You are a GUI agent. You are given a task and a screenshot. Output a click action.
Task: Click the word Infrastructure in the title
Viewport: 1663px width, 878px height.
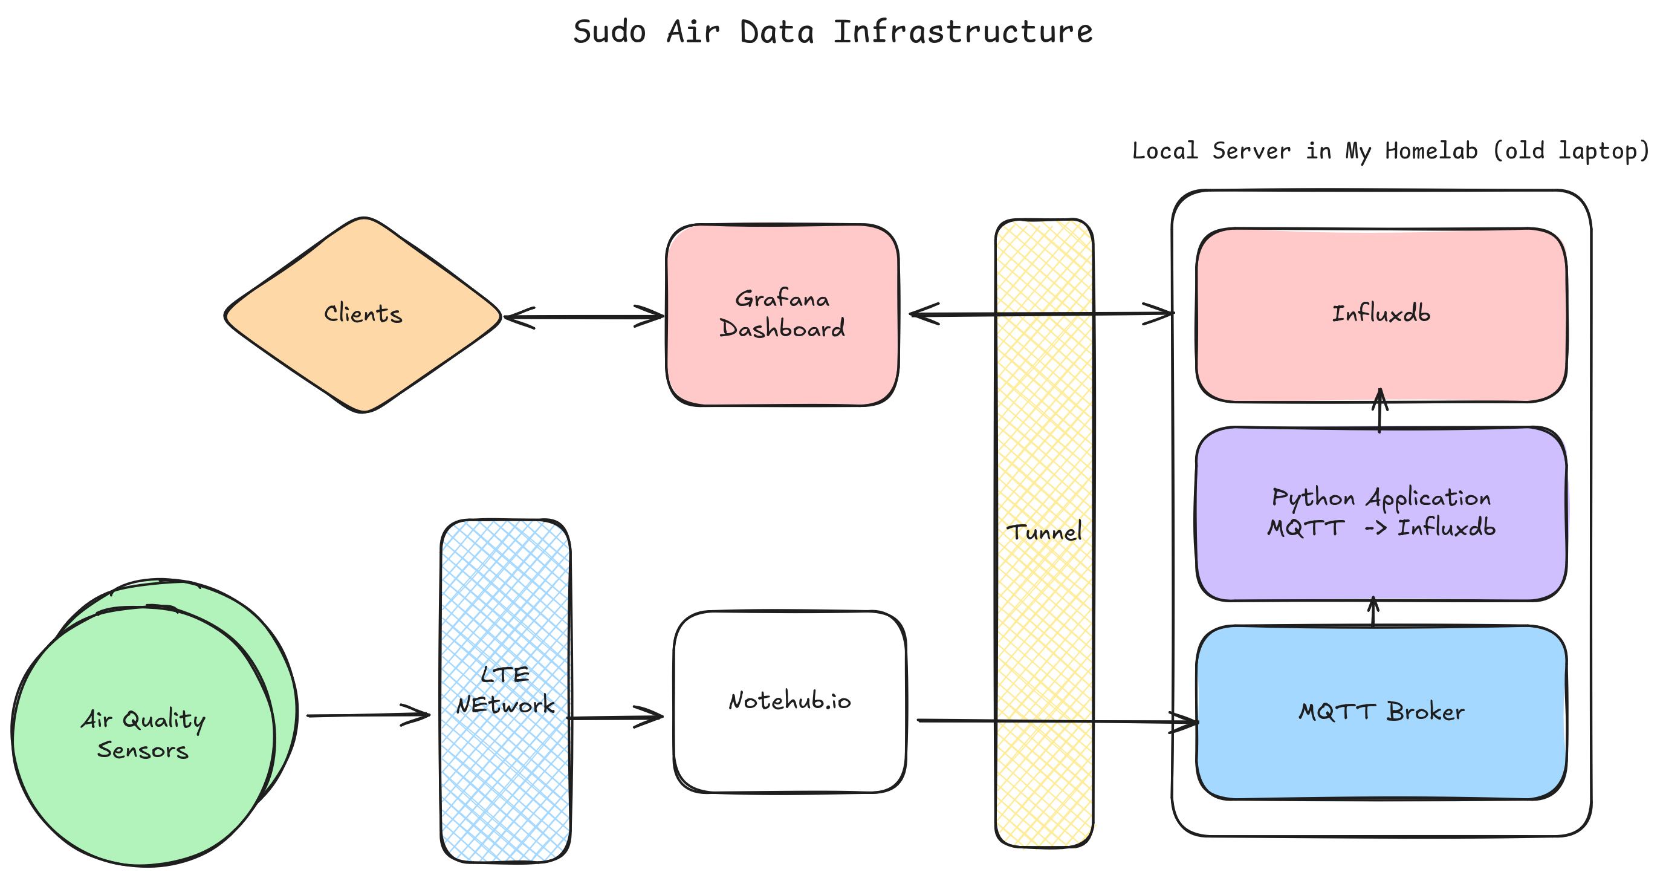tap(962, 31)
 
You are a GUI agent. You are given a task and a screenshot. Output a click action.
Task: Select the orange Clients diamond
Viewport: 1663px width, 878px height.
tap(363, 314)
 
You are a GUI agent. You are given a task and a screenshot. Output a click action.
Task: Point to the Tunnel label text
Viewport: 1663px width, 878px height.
tap(1044, 533)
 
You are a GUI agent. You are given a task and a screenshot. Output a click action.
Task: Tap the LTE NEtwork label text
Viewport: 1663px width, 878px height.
tap(505, 690)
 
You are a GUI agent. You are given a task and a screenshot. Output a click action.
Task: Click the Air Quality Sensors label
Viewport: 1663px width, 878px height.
tap(143, 735)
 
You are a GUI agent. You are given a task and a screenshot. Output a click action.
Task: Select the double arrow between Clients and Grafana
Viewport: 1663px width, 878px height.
tap(583, 317)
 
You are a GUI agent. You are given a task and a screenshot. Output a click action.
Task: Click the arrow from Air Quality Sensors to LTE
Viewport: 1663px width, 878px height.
tap(368, 715)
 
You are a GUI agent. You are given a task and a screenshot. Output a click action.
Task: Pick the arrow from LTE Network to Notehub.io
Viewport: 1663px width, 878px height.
tap(617, 717)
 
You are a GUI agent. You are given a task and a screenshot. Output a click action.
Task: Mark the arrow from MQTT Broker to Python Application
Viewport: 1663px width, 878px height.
tap(1373, 612)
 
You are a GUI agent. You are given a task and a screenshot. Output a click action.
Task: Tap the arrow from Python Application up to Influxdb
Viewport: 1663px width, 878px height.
tap(1379, 411)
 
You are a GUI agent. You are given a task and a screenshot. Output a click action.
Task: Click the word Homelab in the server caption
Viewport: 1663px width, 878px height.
tap(1431, 151)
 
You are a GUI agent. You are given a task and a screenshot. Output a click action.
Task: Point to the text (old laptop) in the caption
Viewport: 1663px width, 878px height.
tap(1571, 151)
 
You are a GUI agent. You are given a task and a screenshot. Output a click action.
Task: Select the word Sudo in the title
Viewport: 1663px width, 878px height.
tap(609, 31)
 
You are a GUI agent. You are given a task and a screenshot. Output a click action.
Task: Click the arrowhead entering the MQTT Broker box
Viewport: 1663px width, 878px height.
tap(1187, 722)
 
